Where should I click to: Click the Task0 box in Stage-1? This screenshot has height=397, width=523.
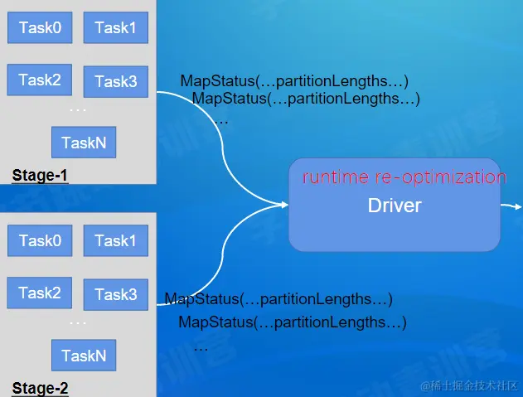tap(40, 28)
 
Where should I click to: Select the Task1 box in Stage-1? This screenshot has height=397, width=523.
tap(115, 28)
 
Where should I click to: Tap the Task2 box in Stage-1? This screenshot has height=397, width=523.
tap(40, 80)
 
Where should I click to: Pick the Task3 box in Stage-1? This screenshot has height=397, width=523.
tap(115, 81)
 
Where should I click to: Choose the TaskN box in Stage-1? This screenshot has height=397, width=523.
tap(84, 143)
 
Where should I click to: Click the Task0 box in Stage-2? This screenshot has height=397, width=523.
tap(40, 241)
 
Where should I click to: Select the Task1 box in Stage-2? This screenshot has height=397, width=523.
tap(115, 241)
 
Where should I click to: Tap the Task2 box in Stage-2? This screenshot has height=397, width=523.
tap(40, 293)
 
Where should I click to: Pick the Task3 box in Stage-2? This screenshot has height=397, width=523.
tap(115, 294)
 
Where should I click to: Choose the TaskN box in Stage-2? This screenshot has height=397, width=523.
tap(84, 356)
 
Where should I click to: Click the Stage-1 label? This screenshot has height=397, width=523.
tap(40, 176)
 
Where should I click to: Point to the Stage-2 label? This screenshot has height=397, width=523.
tap(40, 388)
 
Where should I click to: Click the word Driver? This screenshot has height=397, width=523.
tap(395, 206)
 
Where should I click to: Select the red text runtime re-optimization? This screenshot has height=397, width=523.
tap(404, 177)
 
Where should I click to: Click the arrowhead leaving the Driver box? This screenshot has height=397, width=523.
tap(517, 205)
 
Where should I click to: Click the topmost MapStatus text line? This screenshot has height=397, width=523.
tap(294, 81)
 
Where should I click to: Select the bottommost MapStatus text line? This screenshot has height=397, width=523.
tap(292, 322)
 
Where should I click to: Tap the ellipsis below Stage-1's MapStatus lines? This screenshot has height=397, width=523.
tap(221, 121)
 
